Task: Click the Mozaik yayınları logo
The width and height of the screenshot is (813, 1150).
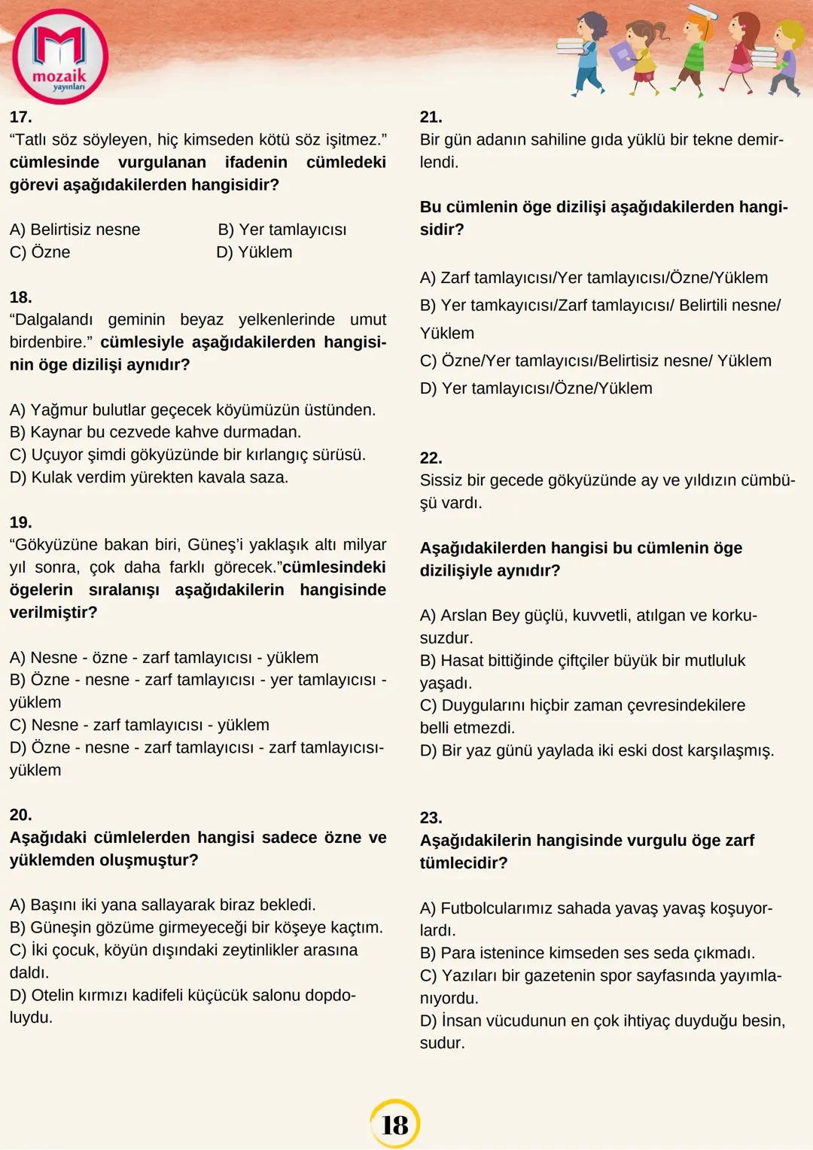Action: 60,57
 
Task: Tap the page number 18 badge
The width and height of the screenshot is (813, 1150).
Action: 394,1124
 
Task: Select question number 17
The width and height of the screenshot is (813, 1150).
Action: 20,117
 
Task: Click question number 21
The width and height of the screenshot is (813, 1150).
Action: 431,117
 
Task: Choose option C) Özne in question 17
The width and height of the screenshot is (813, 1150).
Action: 40,252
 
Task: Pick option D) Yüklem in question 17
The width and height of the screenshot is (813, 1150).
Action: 254,252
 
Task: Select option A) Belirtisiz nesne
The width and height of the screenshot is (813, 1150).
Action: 75,230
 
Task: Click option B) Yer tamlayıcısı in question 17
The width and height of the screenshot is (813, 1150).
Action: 282,230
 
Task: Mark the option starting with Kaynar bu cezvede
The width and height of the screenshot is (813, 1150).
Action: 155,432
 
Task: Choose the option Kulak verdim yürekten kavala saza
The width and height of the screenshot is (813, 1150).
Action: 149,477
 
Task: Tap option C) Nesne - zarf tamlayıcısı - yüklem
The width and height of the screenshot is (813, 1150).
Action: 139,725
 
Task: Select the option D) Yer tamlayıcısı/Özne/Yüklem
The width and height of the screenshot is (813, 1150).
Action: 536,388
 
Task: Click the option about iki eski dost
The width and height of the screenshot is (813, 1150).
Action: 597,750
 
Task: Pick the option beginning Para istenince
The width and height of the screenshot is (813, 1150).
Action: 587,953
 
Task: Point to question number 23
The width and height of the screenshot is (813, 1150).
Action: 431,818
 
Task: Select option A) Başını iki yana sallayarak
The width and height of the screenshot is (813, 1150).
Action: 163,905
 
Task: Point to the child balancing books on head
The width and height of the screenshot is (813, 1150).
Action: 696,49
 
